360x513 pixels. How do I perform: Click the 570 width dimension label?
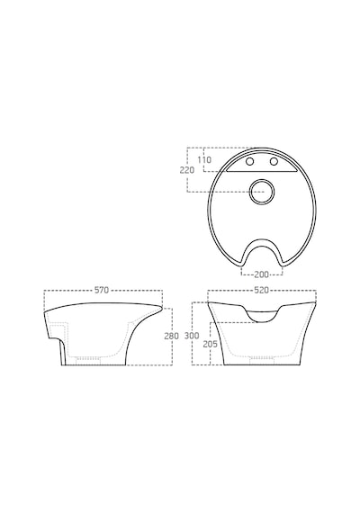102,290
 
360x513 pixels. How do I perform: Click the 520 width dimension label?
261,290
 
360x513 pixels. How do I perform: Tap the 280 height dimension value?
172,336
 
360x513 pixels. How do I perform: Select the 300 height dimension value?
192,336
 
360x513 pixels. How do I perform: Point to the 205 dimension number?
210,344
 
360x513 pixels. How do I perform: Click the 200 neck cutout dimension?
262,274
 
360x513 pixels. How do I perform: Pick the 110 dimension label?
204,160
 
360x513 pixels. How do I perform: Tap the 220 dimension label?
187,170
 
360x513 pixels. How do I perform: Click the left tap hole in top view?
250,162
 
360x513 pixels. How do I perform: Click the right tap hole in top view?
274,162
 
